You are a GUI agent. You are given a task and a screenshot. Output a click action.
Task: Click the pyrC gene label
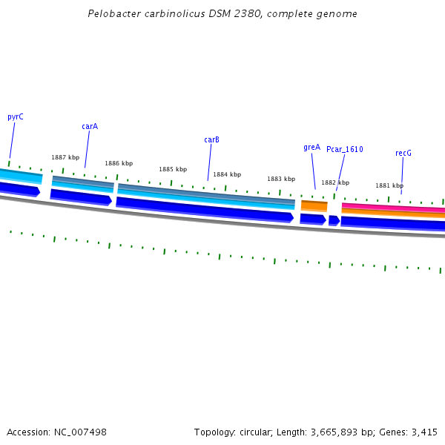click(x=15, y=116)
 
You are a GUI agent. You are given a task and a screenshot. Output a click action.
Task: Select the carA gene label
click(x=90, y=126)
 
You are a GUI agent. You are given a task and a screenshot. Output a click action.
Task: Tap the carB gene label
click(x=211, y=139)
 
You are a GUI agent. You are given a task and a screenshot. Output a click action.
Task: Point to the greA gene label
click(x=311, y=147)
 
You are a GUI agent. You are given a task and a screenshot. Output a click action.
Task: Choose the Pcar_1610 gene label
click(x=345, y=149)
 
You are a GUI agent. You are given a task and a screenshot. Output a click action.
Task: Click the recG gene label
click(x=403, y=153)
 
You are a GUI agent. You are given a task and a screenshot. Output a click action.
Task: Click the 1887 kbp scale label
click(x=65, y=157)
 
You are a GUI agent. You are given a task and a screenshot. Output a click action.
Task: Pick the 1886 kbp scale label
click(x=119, y=163)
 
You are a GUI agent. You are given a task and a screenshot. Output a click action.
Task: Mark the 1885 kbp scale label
click(x=173, y=169)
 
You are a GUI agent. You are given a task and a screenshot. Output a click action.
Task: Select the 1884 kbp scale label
click(x=227, y=174)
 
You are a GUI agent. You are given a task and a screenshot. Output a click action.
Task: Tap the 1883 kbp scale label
click(x=281, y=179)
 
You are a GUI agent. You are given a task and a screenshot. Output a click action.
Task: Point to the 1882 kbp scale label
click(x=335, y=182)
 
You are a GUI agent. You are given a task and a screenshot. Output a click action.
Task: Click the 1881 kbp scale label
click(x=389, y=185)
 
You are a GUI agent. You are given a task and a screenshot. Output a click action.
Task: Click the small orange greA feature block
click(x=314, y=205)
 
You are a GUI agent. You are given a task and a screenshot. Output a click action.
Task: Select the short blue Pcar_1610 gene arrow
click(x=334, y=220)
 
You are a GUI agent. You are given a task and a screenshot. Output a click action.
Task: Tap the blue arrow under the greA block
click(x=313, y=219)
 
